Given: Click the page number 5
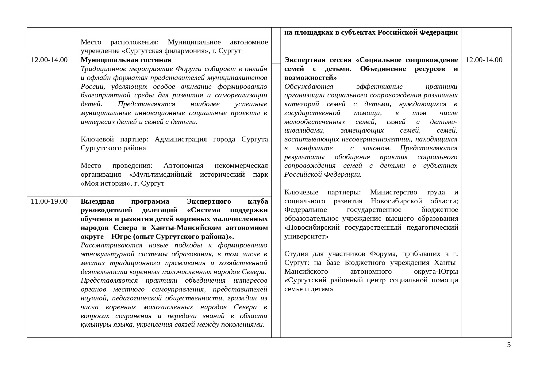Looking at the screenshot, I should tap(509, 345).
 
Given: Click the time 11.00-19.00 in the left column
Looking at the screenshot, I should tap(49, 201).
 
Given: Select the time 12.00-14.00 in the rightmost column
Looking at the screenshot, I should tap(484, 60).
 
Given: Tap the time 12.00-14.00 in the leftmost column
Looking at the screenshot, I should tap(49, 60).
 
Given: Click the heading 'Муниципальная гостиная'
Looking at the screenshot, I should tap(126, 60).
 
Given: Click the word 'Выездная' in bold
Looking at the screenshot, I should tap(97, 201).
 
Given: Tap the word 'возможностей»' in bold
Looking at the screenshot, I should tap(310, 77).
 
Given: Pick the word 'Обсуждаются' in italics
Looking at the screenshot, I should tap(309, 86).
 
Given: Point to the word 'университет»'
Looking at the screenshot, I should tap(306, 236).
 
